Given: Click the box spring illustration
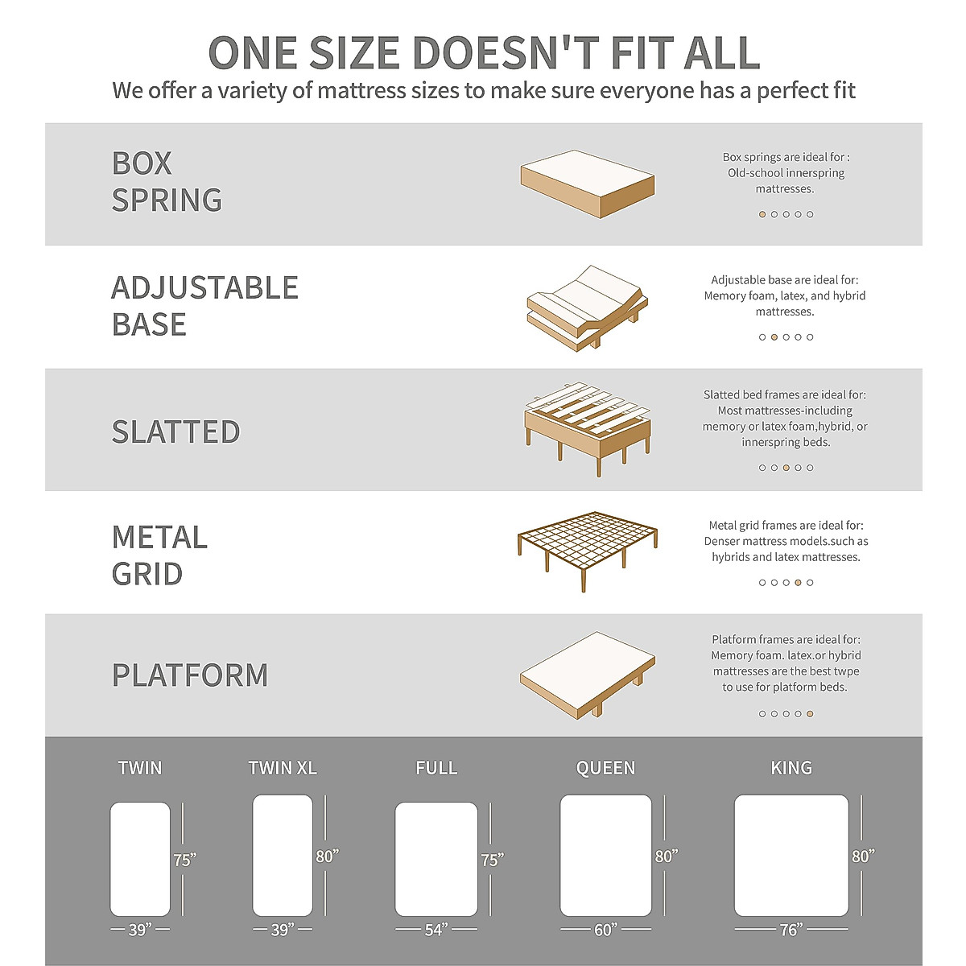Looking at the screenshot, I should click(587, 184).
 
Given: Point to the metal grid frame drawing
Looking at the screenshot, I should click(587, 547).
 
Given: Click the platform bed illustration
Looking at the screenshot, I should click(587, 675).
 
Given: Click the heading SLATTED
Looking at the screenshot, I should click(175, 432).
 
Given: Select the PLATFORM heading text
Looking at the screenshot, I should click(190, 675).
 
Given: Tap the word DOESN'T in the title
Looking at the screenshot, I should click(506, 54).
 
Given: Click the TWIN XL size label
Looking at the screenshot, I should click(283, 768).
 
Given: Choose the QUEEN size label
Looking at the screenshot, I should click(605, 768).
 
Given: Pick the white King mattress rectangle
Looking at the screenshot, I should click(791, 856).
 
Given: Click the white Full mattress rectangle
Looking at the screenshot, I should click(436, 859).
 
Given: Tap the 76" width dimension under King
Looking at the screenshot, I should click(791, 930).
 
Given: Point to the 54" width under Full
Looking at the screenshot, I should click(436, 930).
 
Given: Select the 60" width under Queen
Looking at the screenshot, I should click(605, 930).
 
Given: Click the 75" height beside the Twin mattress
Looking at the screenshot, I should click(184, 860).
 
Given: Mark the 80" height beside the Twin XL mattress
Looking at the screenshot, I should click(327, 856).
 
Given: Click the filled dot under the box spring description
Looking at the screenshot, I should click(762, 214).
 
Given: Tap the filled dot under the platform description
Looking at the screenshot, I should click(810, 713).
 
